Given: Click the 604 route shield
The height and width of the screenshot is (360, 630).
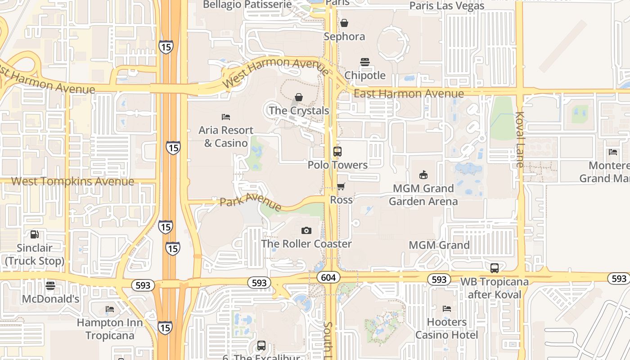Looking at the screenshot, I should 328,278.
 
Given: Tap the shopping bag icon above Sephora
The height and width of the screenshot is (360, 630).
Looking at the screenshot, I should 344,23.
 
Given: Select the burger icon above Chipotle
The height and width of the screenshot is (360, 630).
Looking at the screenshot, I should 364,62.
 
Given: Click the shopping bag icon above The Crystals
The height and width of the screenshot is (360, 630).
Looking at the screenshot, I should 299,97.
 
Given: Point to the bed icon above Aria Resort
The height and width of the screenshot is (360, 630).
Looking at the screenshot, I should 226,117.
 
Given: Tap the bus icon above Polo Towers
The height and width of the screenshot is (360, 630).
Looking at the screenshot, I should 337,152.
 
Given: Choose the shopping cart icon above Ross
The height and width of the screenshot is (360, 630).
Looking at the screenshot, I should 341,186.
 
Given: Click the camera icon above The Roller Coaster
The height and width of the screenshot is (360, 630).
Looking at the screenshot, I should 306,231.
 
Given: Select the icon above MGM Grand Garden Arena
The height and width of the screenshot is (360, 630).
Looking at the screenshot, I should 423,175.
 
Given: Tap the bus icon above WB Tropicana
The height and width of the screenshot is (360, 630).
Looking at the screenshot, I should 495,268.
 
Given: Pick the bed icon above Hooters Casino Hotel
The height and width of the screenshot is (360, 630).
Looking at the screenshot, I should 447,309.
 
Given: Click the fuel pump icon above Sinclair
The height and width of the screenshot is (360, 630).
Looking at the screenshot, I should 35,234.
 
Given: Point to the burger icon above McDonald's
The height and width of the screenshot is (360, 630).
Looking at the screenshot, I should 50,286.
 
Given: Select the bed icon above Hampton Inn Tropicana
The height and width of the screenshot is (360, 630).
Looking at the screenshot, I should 109,309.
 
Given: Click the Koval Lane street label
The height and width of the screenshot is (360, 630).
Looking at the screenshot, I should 520,139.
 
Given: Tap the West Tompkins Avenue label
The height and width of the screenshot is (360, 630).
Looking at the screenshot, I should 72,181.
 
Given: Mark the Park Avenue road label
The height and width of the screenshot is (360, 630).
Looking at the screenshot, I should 250,202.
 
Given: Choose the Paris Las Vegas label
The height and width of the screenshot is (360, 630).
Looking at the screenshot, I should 447,6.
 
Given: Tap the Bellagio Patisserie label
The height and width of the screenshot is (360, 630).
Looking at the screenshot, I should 247,5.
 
